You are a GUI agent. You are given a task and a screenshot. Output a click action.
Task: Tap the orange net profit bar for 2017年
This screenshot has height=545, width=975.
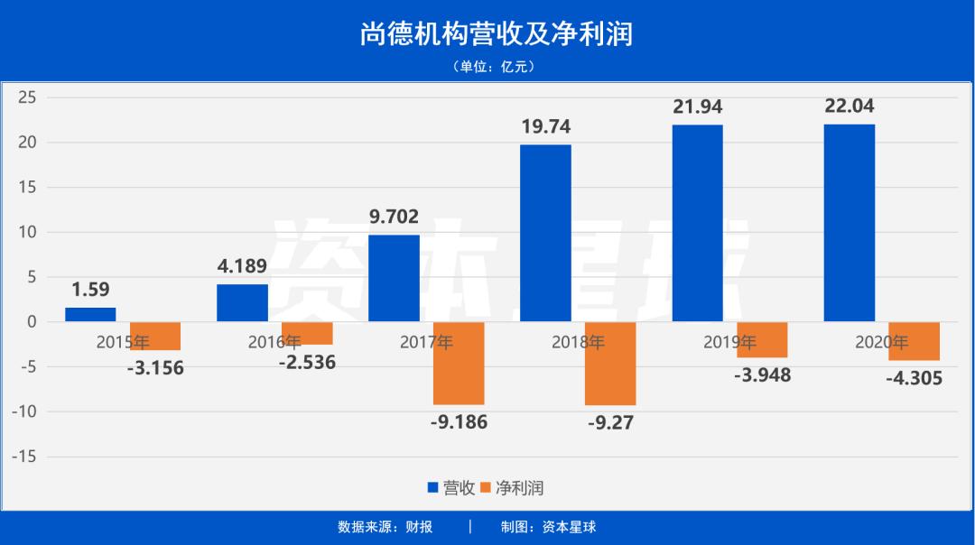459,363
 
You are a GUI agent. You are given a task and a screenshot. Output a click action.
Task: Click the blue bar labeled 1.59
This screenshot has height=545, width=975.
90,315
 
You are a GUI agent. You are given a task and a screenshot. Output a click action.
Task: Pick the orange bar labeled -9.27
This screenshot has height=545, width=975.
610,364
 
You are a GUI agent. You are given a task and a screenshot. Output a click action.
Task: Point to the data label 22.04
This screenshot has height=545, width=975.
850,106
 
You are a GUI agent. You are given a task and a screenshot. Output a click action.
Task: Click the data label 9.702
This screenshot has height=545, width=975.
395,217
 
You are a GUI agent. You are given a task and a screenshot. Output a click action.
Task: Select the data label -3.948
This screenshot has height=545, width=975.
762,374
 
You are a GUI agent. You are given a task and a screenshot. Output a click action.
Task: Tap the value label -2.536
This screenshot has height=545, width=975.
307,363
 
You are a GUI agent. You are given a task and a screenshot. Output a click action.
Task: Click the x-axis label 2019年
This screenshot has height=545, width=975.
730,342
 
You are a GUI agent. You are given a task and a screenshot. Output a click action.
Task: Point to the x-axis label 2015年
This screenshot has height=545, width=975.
124,342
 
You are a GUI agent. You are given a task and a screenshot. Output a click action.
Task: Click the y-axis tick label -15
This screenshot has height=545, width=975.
24,457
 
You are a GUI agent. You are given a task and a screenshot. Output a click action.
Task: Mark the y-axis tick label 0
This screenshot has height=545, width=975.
31,322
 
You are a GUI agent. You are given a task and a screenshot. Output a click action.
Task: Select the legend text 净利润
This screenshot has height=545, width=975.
519,488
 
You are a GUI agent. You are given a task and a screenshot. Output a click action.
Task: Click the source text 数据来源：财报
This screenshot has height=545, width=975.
385,527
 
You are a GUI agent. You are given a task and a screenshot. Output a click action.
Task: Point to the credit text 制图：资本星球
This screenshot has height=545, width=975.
549,527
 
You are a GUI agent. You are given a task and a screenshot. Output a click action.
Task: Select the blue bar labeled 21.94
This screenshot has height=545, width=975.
698,223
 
